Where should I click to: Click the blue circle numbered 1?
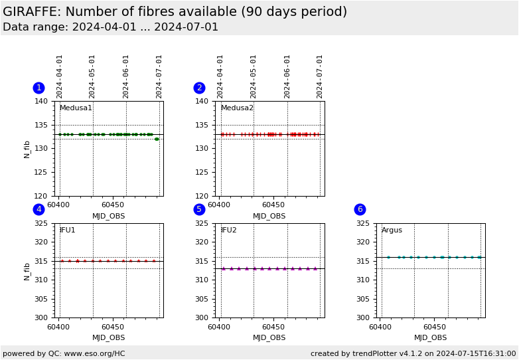tap(38, 88)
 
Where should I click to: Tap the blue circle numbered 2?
tap(199, 88)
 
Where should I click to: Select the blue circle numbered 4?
tap(38, 210)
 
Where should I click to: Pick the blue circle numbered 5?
tap(199, 210)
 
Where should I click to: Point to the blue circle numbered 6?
tap(360, 210)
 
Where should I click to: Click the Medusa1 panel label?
tap(76, 108)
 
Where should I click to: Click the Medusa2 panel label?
tap(237, 108)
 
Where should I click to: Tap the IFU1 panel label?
tap(67, 230)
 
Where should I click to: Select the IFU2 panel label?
tap(228, 230)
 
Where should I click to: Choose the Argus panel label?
tap(392, 230)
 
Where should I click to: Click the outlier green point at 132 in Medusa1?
tap(157, 139)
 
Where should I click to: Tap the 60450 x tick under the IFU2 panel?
tap(273, 327)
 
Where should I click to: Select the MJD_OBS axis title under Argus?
tap(430, 338)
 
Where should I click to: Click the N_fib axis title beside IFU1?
tap(27, 270)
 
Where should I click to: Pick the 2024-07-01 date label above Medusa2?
tap(320, 76)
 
